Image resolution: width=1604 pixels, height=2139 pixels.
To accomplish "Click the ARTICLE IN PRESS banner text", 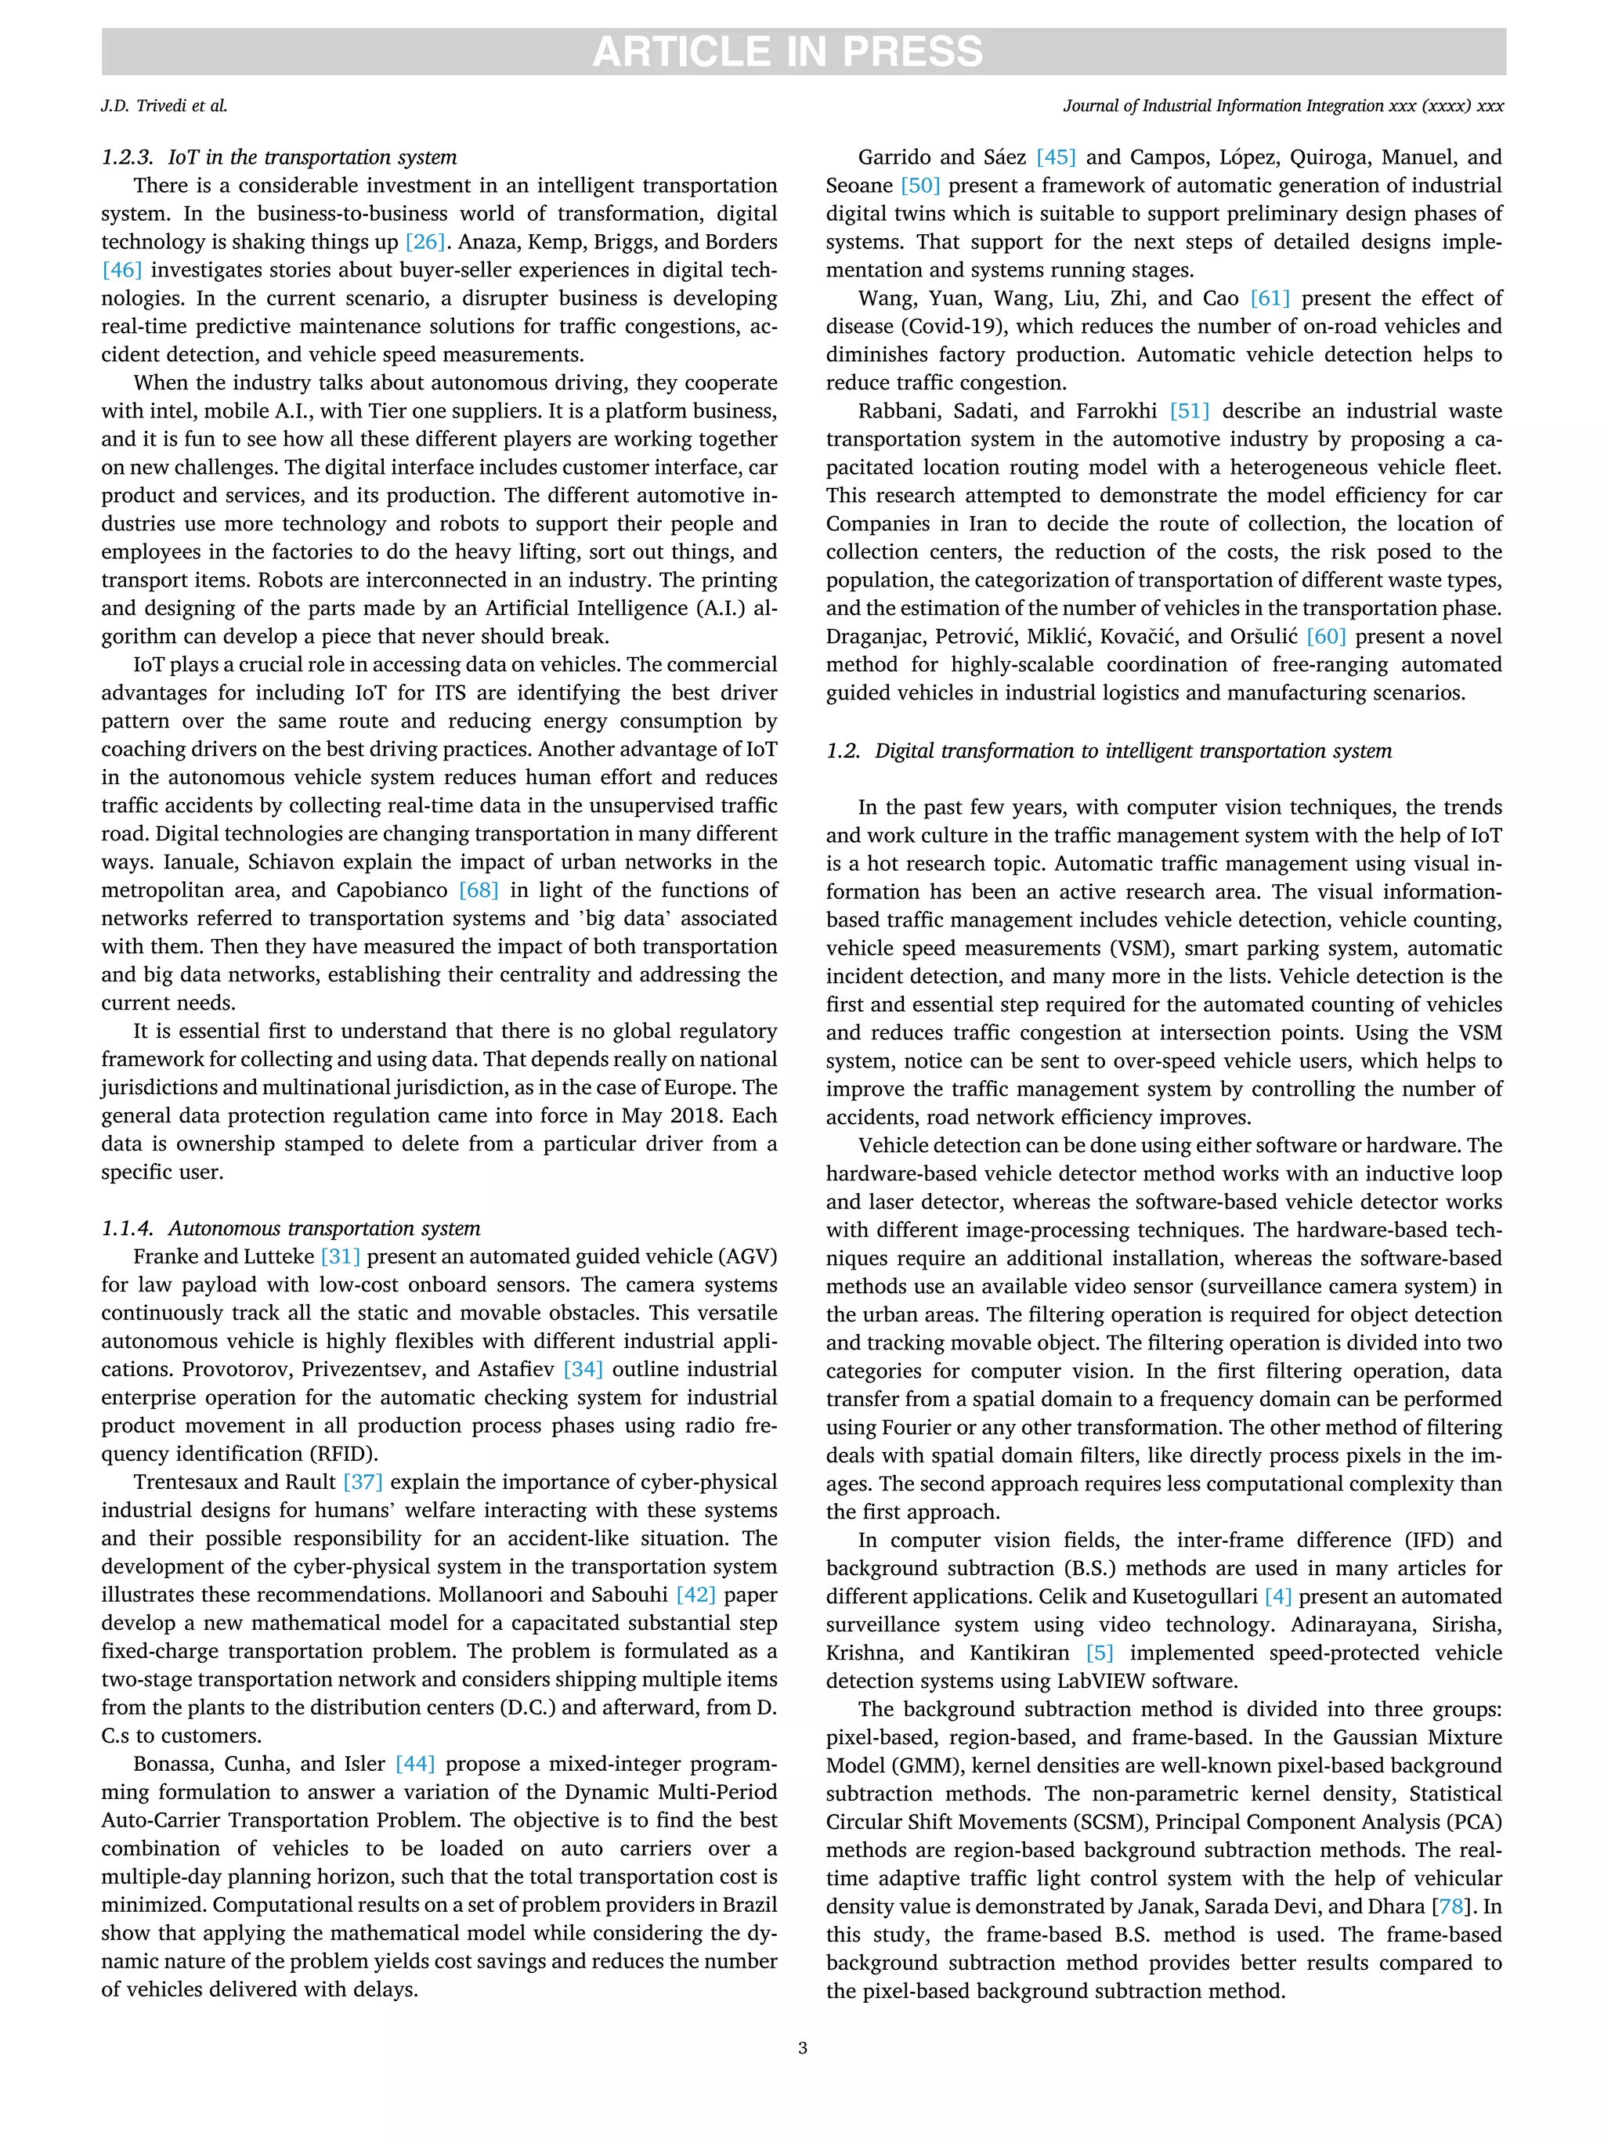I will tap(787, 51).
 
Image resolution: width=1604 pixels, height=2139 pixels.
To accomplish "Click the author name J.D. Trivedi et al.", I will tap(164, 107).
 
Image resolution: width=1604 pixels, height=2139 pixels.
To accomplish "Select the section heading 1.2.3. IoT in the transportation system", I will tap(280, 157).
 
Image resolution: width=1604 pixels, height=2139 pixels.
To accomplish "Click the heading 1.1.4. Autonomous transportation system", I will tap(291, 1228).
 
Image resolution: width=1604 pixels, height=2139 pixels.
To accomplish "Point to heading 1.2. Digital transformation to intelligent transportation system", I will tap(1109, 750).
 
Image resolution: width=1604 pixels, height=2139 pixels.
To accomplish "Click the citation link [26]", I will tap(425, 242).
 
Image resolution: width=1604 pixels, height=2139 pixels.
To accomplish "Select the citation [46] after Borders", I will tap(122, 269).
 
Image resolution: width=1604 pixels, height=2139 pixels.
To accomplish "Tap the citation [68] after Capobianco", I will tap(479, 890).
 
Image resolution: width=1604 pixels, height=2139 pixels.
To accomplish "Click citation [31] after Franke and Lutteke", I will tap(341, 1256).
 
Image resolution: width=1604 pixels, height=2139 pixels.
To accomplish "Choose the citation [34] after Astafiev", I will tap(583, 1369).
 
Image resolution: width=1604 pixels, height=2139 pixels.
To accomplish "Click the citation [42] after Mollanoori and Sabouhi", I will tap(696, 1595).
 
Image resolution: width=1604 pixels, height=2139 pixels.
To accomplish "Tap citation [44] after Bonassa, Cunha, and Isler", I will tap(416, 1764).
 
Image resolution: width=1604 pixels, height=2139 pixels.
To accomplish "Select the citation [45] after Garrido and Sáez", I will tap(1057, 157).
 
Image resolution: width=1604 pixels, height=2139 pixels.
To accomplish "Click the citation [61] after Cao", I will tap(1270, 298).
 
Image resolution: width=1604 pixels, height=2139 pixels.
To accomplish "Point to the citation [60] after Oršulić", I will tap(1325, 636).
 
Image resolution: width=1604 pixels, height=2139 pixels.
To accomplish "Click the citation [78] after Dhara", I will tap(1451, 1906).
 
